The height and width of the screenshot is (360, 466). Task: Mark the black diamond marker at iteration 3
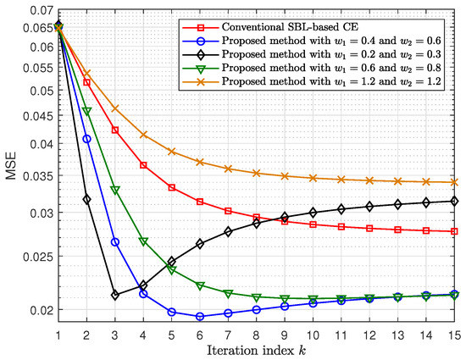[114, 295]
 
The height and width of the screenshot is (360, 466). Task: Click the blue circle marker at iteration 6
[200, 317]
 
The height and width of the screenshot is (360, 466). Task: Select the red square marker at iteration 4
[143, 165]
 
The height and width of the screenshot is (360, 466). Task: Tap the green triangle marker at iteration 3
[114, 191]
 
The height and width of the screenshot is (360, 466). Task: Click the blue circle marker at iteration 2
[86, 139]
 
